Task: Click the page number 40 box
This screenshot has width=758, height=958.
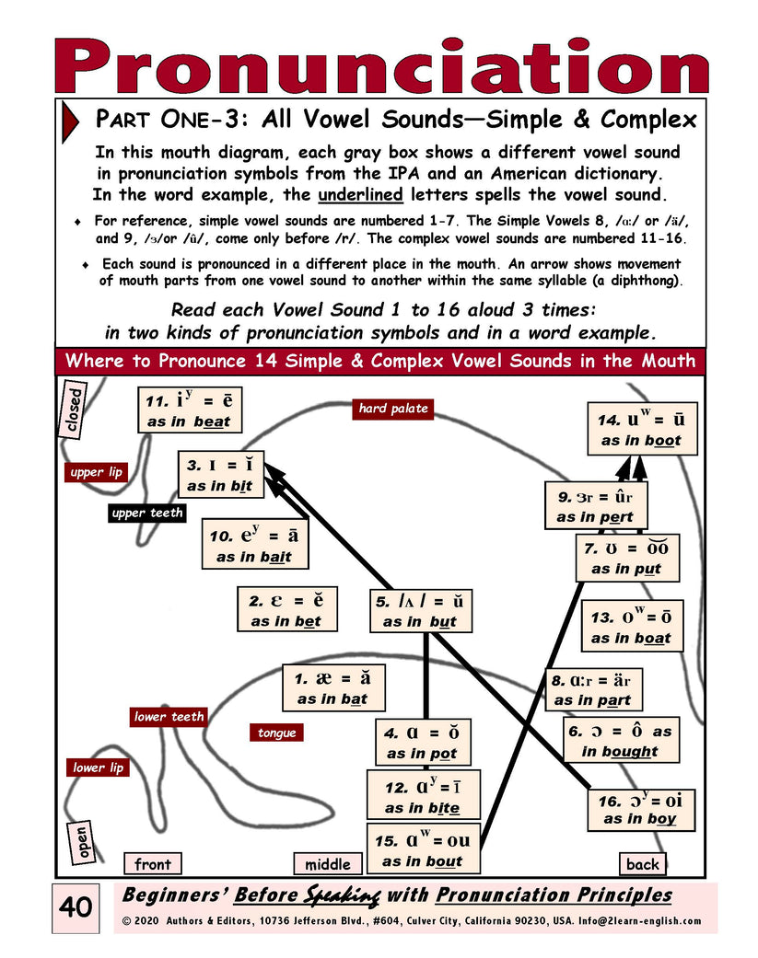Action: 75,906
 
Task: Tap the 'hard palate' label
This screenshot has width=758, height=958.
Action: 393,409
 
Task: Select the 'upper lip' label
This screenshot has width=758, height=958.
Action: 96,473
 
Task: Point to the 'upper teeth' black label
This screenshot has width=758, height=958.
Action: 147,513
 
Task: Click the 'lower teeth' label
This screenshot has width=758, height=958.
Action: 169,716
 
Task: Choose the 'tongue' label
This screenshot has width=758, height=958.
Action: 276,733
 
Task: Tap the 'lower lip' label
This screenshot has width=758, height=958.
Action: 98,768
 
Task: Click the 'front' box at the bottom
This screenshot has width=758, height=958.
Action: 152,864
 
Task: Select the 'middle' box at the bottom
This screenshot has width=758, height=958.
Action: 327,864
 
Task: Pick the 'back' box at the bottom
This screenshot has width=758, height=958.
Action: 642,864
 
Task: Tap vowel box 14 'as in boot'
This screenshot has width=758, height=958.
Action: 642,429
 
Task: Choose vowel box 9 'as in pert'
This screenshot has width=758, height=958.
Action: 595,506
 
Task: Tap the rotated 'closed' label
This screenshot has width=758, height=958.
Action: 73,410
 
